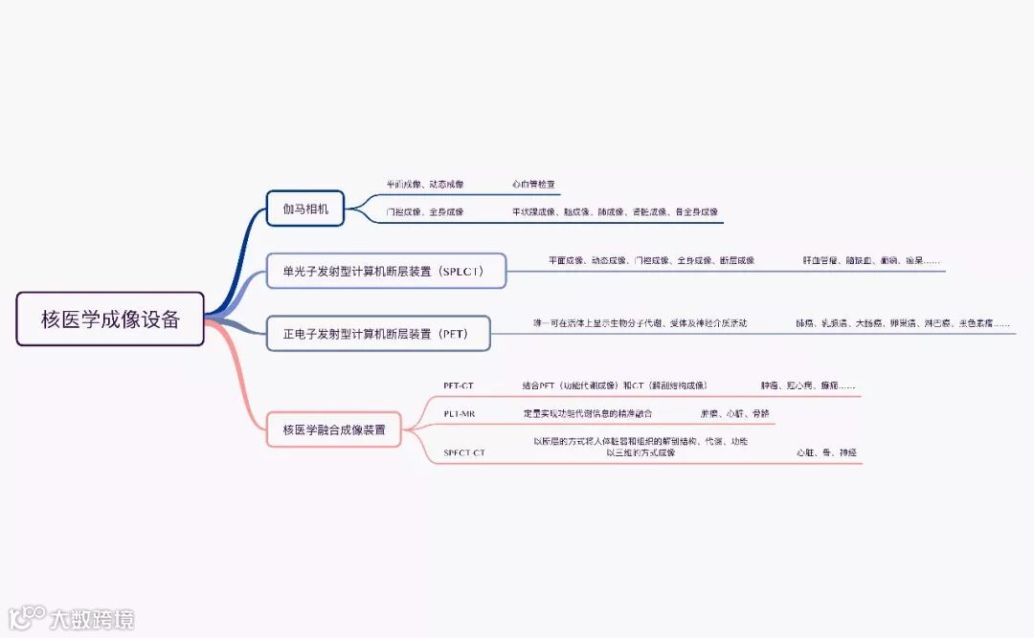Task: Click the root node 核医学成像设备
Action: pos(110,319)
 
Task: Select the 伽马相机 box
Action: pos(304,208)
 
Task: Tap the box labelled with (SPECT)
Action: pos(385,272)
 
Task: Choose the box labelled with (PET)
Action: pos(377,334)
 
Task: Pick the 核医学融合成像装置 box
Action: pos(334,429)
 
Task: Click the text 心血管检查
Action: pos(533,184)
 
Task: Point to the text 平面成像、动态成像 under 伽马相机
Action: pos(424,184)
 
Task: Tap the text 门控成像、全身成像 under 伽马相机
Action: pos(424,211)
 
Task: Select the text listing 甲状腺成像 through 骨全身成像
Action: pos(615,211)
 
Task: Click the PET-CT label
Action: pos(459,385)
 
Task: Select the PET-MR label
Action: pos(459,413)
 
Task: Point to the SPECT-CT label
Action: pos(464,452)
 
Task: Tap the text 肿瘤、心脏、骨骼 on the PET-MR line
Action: pos(734,413)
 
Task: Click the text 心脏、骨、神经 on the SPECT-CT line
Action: pos(826,452)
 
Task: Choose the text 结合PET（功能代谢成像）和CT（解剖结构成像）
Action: pos(615,385)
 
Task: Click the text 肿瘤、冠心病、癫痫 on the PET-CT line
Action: pos(808,385)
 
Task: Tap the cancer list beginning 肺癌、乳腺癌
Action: pos(902,323)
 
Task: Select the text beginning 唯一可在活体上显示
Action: pos(640,323)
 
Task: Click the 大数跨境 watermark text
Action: pos(92,619)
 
